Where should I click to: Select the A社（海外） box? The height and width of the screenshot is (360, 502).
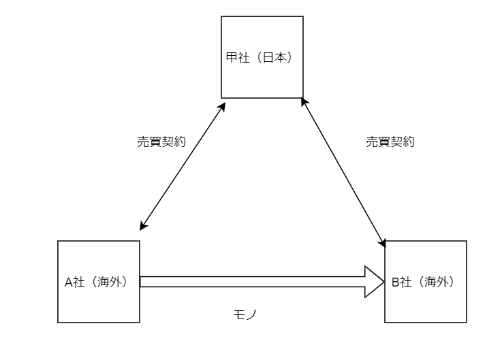point(99,299)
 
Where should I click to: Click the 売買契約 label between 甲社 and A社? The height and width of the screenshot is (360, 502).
point(161,142)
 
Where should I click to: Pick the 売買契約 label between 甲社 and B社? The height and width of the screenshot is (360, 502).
point(390,142)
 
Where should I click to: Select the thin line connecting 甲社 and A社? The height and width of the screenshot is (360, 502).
point(183,165)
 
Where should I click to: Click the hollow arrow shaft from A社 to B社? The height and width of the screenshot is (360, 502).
point(252,282)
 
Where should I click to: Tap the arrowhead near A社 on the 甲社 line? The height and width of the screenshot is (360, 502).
point(142,226)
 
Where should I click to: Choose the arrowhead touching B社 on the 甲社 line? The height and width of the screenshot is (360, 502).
point(383,242)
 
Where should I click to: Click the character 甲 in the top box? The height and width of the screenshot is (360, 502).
point(232,58)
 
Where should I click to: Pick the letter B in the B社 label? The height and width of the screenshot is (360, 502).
point(395,282)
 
